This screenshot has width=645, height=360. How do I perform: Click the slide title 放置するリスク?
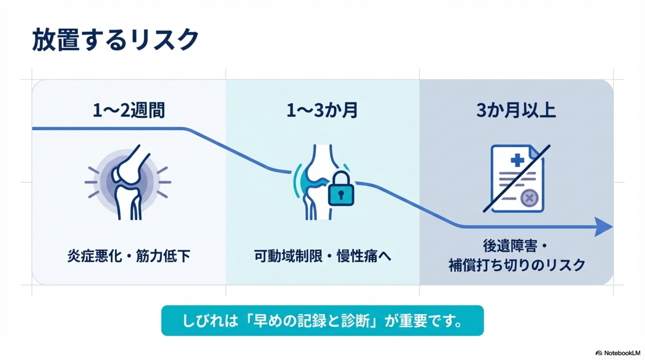(x=115, y=40)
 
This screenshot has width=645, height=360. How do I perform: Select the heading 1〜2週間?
(x=129, y=110)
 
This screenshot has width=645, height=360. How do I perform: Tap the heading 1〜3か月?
(x=322, y=110)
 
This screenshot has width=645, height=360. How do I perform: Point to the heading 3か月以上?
(x=516, y=110)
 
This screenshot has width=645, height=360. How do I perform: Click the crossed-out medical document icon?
(x=517, y=179)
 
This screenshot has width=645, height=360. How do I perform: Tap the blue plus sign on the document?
(x=517, y=160)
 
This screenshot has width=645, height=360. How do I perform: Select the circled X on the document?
(x=529, y=198)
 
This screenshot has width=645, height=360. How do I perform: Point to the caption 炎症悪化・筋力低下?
(x=129, y=256)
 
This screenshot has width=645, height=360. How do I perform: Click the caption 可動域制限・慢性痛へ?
(x=322, y=256)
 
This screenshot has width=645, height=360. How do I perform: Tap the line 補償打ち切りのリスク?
(x=517, y=265)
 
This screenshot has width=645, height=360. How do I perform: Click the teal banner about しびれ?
(x=322, y=320)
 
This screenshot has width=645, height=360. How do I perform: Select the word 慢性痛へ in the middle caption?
(x=364, y=256)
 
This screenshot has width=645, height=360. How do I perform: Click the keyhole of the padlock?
(x=341, y=195)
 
